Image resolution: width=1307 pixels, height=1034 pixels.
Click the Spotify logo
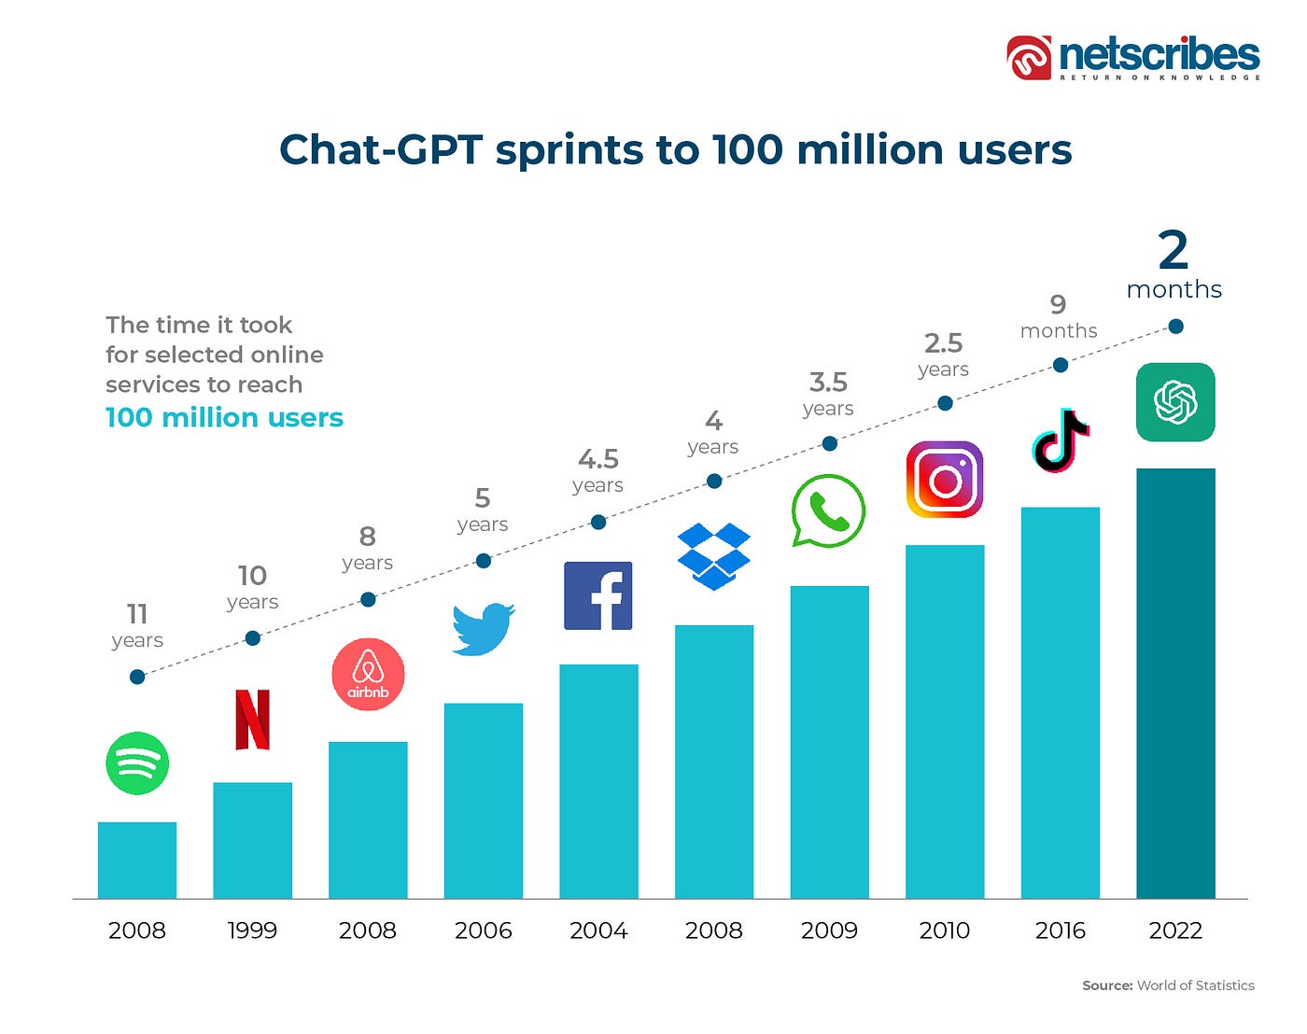(x=137, y=763)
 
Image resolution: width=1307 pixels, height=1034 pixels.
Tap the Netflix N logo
(x=252, y=720)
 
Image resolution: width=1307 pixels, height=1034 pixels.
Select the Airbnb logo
(x=368, y=674)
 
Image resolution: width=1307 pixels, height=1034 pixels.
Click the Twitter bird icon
(x=483, y=629)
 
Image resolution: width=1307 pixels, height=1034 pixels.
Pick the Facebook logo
(x=598, y=595)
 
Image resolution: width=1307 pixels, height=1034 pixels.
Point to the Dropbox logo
(x=714, y=556)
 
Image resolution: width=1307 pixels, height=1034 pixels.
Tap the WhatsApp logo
(x=828, y=510)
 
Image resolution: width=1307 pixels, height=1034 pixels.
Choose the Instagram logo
(x=945, y=480)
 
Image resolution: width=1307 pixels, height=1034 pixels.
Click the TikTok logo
(x=1061, y=440)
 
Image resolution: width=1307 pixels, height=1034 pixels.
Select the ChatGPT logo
(x=1175, y=402)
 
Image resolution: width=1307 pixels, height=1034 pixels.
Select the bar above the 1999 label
(x=252, y=840)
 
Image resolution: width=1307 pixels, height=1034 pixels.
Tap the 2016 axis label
(x=1061, y=930)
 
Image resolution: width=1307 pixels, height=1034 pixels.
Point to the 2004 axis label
(x=598, y=930)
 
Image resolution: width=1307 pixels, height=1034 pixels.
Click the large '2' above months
(x=1173, y=251)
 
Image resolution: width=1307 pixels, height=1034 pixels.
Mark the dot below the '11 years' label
(x=137, y=677)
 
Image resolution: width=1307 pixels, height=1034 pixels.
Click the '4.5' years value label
(x=598, y=459)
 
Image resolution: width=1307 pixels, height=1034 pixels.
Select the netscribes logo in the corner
(x=1133, y=58)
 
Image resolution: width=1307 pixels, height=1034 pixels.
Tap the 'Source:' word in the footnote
(x=1107, y=985)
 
